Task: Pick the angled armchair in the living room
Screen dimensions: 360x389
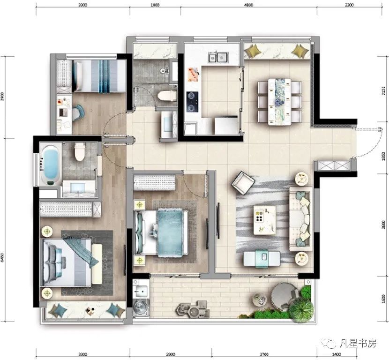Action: click(x=243, y=182)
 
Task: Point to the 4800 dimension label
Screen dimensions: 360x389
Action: click(x=248, y=6)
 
